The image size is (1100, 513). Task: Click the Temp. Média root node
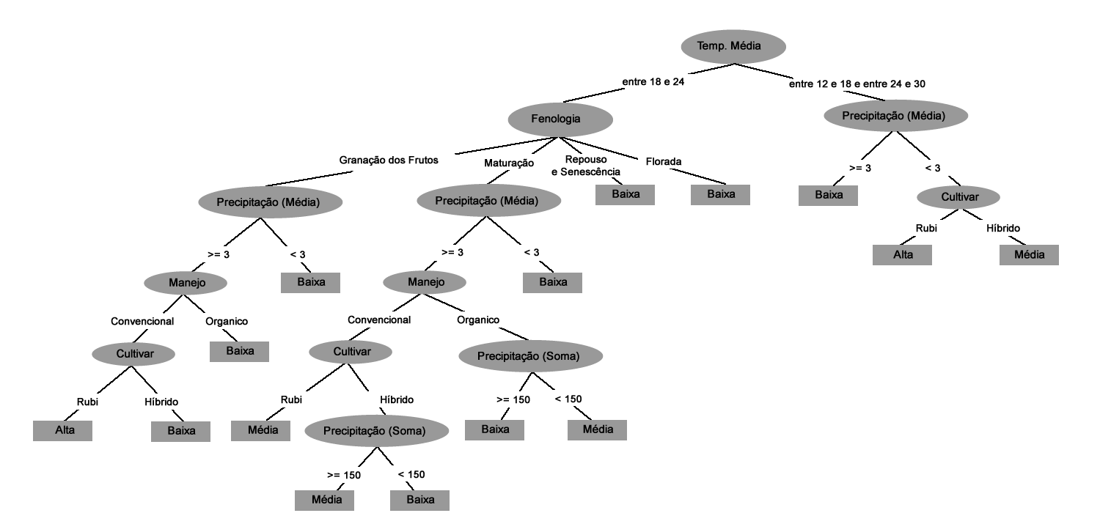(x=733, y=47)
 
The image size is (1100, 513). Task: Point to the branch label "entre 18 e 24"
(x=653, y=82)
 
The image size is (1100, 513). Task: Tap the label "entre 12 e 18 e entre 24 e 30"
(x=857, y=84)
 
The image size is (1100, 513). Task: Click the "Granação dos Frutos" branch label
(x=388, y=159)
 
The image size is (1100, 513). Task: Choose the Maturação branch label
(x=508, y=163)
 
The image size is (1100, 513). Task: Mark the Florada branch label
(x=664, y=161)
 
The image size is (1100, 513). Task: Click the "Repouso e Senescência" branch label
(x=585, y=166)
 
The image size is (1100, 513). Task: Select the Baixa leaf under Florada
(x=721, y=194)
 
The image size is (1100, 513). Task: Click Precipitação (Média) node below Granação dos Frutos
(x=268, y=201)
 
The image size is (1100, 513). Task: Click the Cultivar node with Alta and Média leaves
(x=960, y=197)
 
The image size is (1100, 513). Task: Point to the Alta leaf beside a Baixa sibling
(x=63, y=430)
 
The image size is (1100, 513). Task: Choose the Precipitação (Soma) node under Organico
(x=530, y=357)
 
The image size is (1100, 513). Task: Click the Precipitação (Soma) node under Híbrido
(x=375, y=431)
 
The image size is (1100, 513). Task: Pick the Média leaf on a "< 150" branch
(x=597, y=429)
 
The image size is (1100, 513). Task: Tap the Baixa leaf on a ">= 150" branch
(x=495, y=429)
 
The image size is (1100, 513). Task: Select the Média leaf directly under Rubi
(x=261, y=430)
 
